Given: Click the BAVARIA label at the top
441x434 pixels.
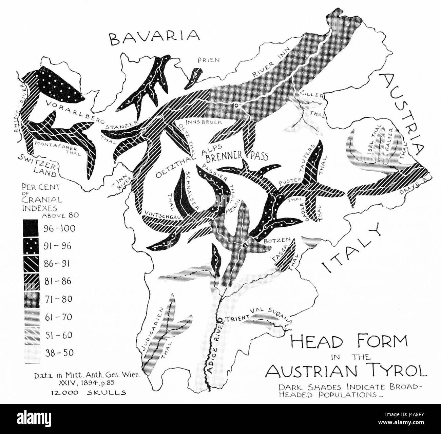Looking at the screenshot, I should pyautogui.click(x=154, y=37).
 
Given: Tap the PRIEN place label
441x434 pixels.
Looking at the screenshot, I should pyautogui.click(x=209, y=60).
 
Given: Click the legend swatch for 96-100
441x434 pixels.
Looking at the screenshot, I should pyautogui.click(x=31, y=228).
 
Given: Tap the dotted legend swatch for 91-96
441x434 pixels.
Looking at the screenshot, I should pyautogui.click(x=31, y=246).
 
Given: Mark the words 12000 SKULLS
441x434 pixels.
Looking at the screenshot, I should pyautogui.click(x=89, y=393).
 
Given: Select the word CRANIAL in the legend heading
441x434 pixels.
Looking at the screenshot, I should pyautogui.click(x=39, y=200).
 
